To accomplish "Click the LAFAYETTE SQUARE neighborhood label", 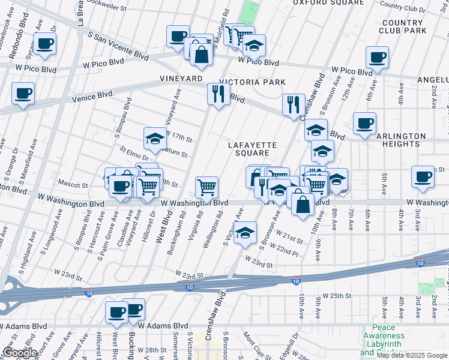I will point(252,149).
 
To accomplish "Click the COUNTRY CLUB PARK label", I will point(404,26).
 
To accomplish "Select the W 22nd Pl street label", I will point(285,250).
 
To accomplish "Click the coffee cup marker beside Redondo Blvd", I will point(45,43).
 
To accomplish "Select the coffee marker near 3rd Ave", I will point(423,176).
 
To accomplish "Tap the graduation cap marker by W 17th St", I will point(155,139).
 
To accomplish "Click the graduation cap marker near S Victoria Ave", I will point(245,233).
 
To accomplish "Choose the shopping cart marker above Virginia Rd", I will point(206,186).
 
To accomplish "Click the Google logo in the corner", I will point(20,353).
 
